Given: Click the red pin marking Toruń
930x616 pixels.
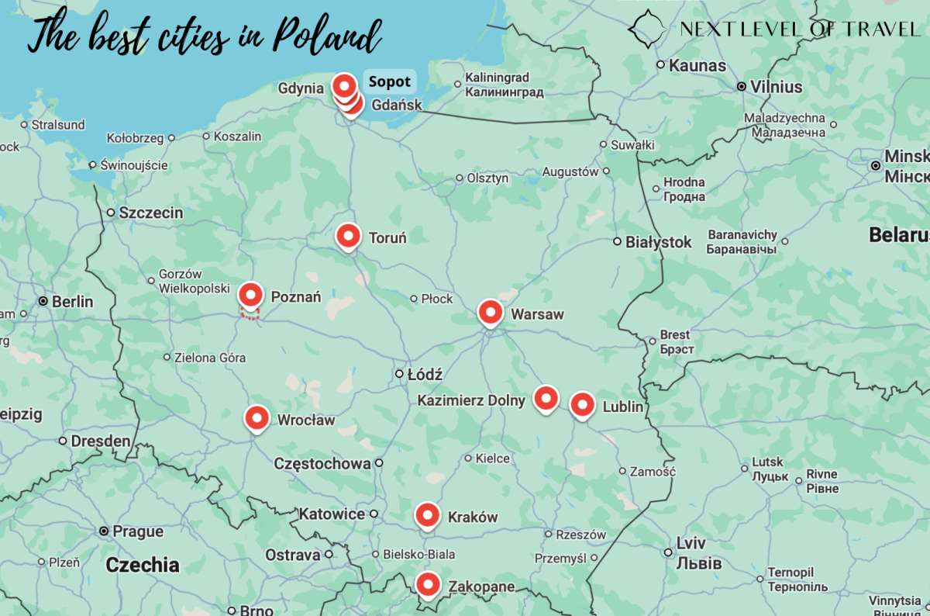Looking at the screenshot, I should pos(348,235).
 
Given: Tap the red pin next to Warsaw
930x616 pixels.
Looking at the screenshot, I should pos(490,312).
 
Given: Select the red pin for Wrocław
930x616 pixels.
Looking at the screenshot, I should pos(257,418).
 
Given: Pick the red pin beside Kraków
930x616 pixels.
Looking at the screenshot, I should pos(427,515).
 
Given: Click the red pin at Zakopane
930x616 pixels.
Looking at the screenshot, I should pos(427,584).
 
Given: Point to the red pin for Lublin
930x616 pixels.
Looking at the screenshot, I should pos(582,405).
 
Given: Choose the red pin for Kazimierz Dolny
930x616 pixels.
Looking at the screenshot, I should pos(546,398).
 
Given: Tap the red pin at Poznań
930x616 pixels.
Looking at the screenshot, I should pos(250,295).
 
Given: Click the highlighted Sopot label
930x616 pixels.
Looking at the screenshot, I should pos(389,81).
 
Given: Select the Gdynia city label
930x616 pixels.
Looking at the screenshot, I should pos(301,88).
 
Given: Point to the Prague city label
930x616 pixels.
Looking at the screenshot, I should pos(137,531).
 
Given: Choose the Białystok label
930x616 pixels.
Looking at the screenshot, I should pos(658,242).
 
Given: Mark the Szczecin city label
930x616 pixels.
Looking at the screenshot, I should pos(150,213).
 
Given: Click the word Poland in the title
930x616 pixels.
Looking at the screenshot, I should pos(328,36).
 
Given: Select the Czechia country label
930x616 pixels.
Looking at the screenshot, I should pos(143,565).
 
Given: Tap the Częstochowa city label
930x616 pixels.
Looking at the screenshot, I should pos(322,464).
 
